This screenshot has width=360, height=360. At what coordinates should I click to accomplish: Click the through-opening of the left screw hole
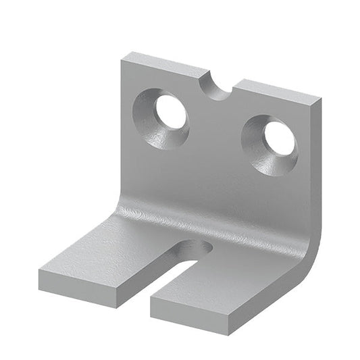tap(172, 112)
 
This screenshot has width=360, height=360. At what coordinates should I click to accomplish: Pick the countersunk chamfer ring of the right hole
tap(260, 154)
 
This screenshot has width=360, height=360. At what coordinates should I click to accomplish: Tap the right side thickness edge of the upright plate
tap(317, 169)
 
